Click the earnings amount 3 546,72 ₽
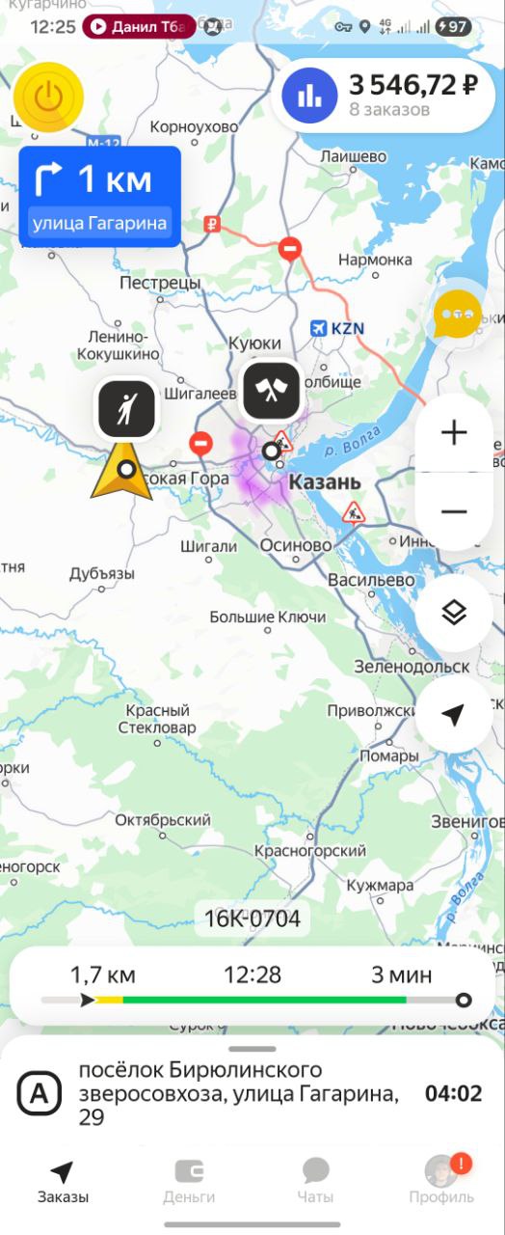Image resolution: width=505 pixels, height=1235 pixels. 413,85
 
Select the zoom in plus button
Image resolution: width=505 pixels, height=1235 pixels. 453,433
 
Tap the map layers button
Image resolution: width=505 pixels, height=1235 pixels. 453,612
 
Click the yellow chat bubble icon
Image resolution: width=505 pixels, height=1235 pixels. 457,315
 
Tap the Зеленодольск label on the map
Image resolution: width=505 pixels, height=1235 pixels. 412,666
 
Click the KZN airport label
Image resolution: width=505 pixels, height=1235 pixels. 347,328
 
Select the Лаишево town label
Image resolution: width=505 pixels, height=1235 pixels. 354,156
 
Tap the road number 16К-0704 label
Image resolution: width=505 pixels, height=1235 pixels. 252,919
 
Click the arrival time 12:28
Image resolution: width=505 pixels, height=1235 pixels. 252,974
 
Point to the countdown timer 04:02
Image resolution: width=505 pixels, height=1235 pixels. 453,1093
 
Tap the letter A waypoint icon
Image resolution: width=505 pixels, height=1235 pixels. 40,1094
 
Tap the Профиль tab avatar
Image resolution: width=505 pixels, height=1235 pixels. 441,1171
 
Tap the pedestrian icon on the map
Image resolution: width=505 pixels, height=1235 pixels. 126,408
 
